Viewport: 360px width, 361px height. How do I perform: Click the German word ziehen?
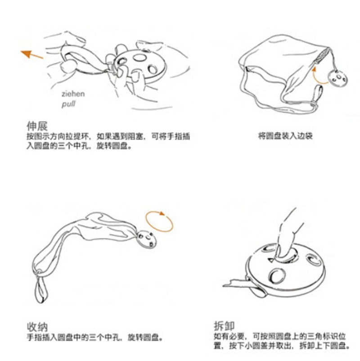(x=73, y=94)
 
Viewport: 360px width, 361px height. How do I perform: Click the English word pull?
(x=68, y=104)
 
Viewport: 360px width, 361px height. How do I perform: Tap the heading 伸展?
(x=37, y=126)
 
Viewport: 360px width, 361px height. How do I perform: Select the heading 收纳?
(x=37, y=327)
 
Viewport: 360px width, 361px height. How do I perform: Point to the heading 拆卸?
(x=224, y=326)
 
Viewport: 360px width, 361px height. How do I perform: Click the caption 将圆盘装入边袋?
(x=285, y=135)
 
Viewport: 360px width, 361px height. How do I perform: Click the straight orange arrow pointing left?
(x=32, y=54)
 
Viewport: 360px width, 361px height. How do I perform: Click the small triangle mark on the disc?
(x=271, y=260)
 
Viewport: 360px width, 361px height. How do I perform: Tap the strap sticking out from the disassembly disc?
(x=242, y=285)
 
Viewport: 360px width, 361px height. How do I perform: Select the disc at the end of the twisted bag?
(x=146, y=239)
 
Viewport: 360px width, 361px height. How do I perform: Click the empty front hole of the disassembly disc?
(x=277, y=276)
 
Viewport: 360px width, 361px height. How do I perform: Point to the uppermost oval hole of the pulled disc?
(x=139, y=57)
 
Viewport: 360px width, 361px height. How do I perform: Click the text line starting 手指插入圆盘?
(x=95, y=338)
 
